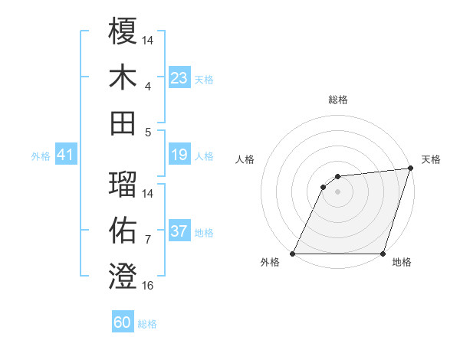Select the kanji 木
[123, 77]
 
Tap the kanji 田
[123, 123]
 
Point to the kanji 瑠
[123, 184]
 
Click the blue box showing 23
[179, 77]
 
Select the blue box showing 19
[179, 155]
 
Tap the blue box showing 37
[179, 232]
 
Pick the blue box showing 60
[123, 322]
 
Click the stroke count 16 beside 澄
[148, 286]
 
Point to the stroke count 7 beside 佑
[148, 239]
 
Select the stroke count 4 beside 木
[148, 86]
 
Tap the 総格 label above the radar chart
[337, 100]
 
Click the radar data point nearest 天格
[410, 169]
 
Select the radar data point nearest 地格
[383, 254]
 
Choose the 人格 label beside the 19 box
[204, 156]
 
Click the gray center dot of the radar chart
[337, 191]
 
